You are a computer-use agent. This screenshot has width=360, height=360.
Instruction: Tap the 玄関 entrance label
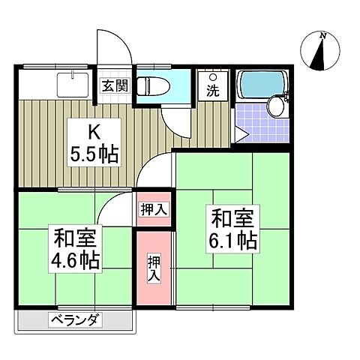pos(114,85)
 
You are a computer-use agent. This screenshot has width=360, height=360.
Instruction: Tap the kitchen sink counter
pos(56,82)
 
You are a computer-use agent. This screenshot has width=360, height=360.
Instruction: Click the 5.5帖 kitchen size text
pos(94,155)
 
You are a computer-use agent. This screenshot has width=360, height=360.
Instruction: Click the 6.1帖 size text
pos(233,240)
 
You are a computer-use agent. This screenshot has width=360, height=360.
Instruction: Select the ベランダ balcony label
pos(76,321)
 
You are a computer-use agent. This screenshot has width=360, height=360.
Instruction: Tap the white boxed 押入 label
pos(153,211)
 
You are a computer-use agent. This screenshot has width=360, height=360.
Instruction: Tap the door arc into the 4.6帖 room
pos(112,206)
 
